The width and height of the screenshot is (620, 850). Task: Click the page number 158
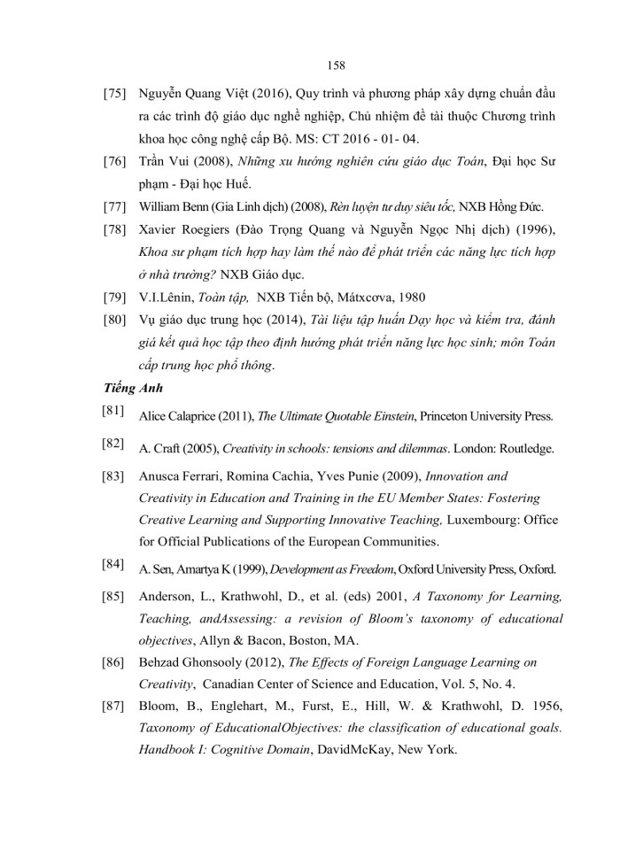(x=335, y=65)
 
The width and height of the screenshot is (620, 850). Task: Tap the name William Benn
(x=174, y=207)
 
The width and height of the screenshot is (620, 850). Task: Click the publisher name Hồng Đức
(x=520, y=207)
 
